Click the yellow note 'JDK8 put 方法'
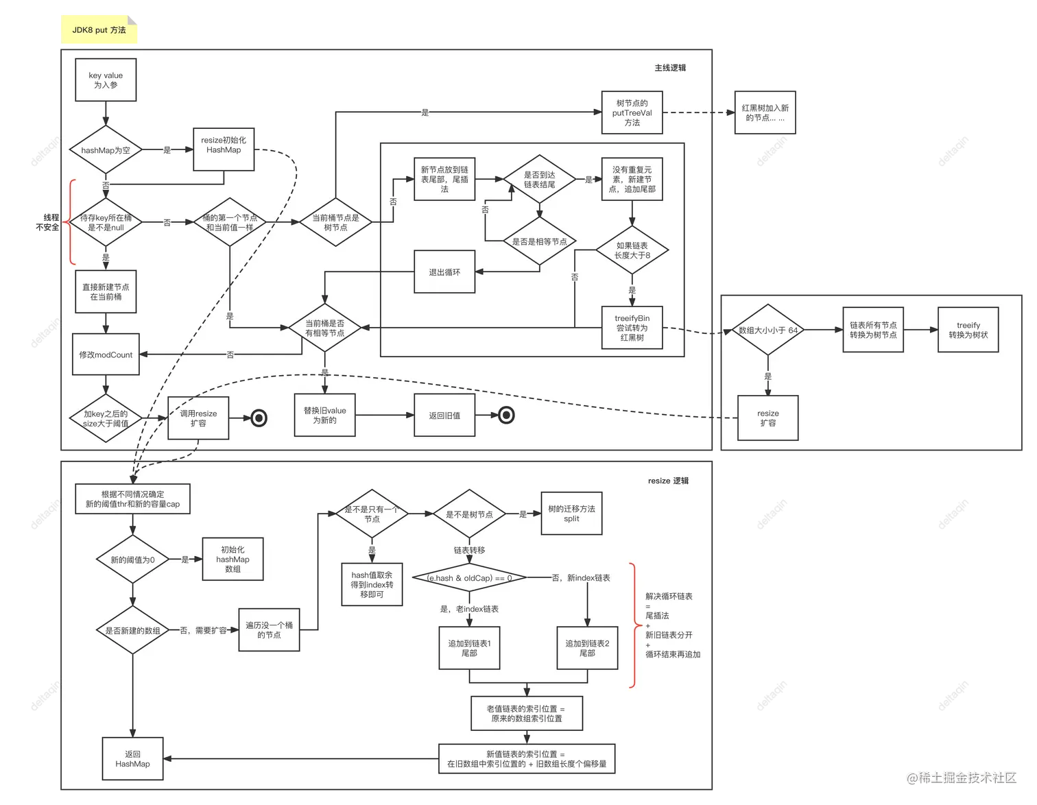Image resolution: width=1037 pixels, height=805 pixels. (x=100, y=31)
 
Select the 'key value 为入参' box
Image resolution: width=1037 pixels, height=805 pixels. (x=106, y=80)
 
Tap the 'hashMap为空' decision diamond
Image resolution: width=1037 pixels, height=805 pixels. (x=106, y=150)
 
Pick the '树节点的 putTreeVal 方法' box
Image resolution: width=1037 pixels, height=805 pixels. (x=632, y=113)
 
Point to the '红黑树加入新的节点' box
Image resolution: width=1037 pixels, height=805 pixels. (x=765, y=112)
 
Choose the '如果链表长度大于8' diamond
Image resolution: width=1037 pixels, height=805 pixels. (x=632, y=250)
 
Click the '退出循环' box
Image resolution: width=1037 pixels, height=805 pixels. (x=444, y=272)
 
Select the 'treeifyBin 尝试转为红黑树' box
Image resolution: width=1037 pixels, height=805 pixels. (x=632, y=328)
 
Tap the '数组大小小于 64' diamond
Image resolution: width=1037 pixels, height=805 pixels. (x=767, y=330)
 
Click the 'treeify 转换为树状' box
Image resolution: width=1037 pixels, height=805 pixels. (x=968, y=330)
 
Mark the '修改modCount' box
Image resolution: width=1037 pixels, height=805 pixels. (x=106, y=355)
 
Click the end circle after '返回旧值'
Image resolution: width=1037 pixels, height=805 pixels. (x=506, y=415)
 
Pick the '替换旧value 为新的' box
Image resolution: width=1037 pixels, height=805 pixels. (x=325, y=415)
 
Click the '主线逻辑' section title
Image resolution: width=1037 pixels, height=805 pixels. (x=670, y=68)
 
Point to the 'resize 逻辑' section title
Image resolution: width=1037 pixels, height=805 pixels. (x=668, y=481)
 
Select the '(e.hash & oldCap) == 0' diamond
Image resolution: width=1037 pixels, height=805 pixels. (x=469, y=578)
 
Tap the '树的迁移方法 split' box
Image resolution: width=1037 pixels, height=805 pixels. (x=571, y=514)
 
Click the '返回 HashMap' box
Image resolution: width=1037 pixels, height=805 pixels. (x=132, y=758)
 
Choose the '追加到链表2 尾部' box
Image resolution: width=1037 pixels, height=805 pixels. (x=587, y=648)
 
